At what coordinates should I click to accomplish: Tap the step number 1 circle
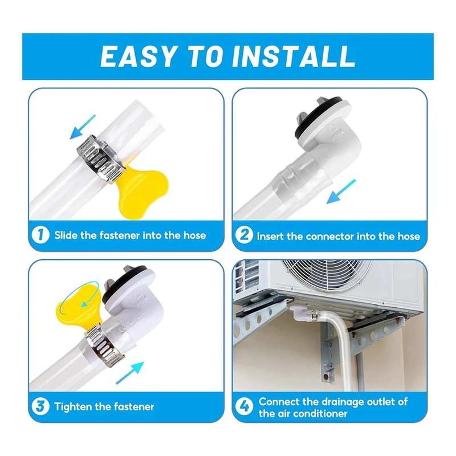click(40, 235)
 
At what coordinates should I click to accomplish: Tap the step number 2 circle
click(244, 235)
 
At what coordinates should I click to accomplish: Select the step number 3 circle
click(40, 406)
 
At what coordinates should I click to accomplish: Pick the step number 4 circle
click(244, 406)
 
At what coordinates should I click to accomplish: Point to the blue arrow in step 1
click(83, 127)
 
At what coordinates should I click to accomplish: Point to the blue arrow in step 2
click(341, 192)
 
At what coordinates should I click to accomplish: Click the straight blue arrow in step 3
click(130, 373)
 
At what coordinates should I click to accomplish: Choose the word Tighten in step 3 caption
click(73, 406)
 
